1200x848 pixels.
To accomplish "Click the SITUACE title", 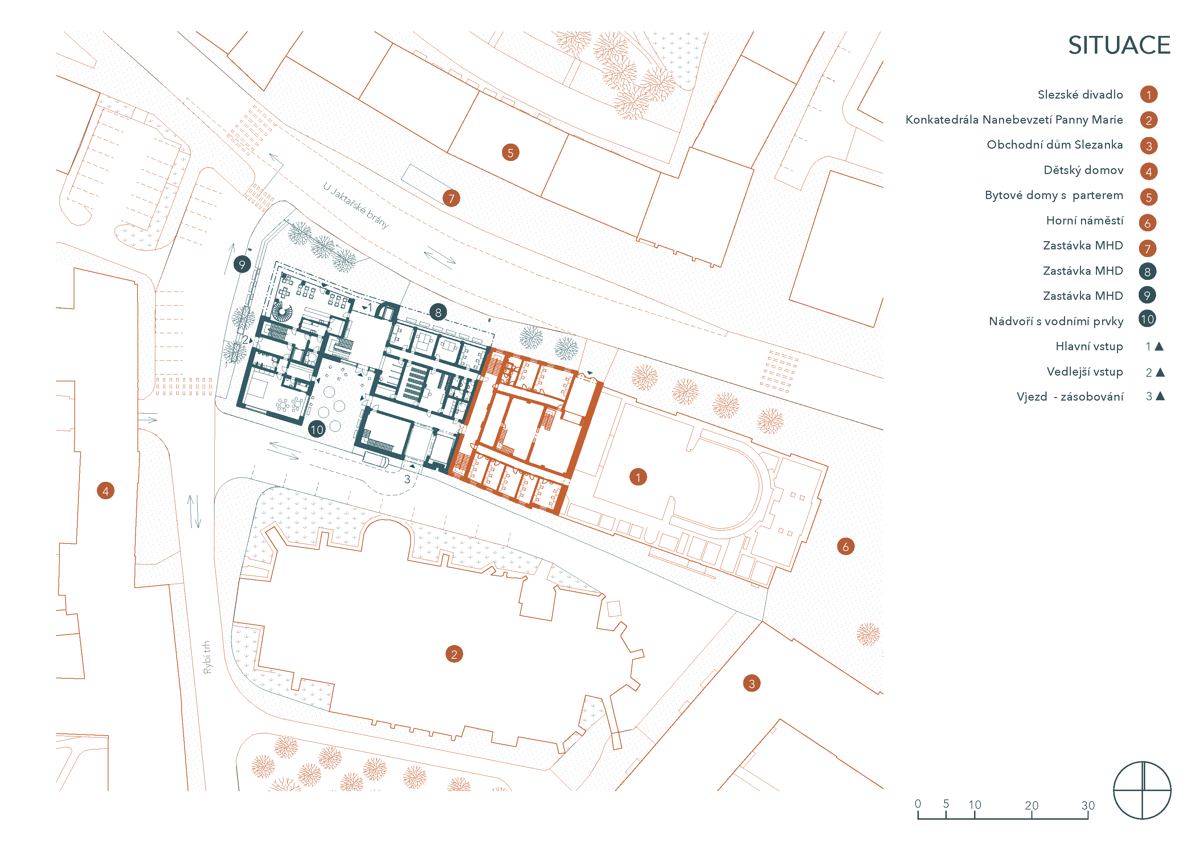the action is tap(1119, 45).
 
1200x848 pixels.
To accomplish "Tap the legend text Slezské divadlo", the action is tap(1080, 95).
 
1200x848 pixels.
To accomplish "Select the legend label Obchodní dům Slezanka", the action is tap(1055, 145).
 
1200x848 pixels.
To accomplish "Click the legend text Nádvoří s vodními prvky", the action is tap(1056, 321).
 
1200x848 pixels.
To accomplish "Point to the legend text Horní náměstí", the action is tap(1085, 220).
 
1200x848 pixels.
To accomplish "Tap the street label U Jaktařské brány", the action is tap(356, 205).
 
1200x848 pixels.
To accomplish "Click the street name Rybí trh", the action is tap(207, 657).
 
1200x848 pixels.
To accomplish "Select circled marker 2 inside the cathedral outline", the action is tap(454, 654).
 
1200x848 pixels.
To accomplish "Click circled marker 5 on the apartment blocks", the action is tap(511, 153).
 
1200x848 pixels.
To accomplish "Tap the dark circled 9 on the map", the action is tap(242, 264).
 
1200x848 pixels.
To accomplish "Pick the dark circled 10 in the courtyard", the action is tap(317, 430).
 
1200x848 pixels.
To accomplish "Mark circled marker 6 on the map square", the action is tap(846, 546).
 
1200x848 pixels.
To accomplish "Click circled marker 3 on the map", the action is tap(752, 683).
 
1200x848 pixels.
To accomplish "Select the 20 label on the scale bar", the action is tap(1031, 805).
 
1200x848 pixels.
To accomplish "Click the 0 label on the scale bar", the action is tap(918, 804).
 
